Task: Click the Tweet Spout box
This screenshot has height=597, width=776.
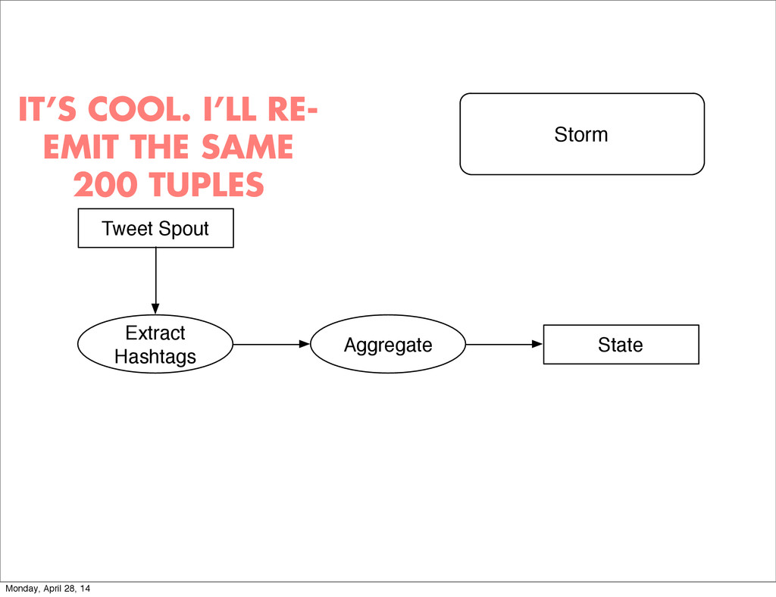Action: pos(155,228)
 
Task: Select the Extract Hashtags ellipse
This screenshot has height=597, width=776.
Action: pos(155,345)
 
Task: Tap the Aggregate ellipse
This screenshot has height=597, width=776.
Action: pos(388,345)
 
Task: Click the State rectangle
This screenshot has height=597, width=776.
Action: pos(621,345)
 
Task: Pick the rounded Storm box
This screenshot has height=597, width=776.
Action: pos(581,134)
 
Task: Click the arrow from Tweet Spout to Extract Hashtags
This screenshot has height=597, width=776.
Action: pos(155,280)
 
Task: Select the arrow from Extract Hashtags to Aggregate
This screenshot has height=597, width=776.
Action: pos(272,344)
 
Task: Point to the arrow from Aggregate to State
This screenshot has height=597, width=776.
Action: pos(504,344)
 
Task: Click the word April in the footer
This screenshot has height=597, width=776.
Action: pos(56,589)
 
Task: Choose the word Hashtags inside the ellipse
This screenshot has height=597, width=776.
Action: pos(155,357)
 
